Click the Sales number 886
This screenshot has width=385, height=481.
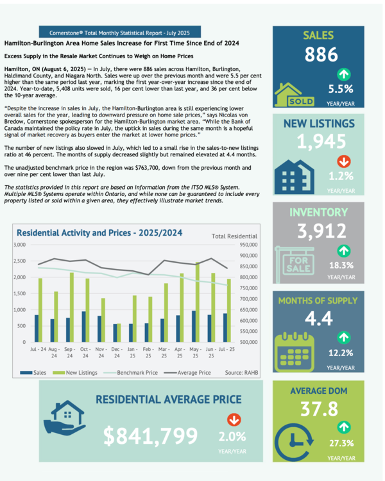(321, 56)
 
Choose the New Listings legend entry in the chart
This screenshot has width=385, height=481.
(81, 371)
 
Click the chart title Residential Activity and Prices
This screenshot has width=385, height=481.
(99, 232)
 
